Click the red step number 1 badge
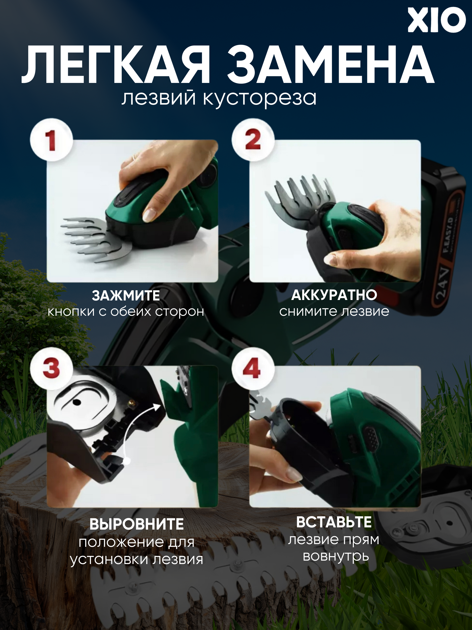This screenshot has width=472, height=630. (51, 140)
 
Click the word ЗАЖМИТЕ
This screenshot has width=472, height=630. (126, 296)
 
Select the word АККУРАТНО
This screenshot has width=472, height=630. (334, 295)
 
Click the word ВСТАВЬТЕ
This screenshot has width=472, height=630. (334, 522)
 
